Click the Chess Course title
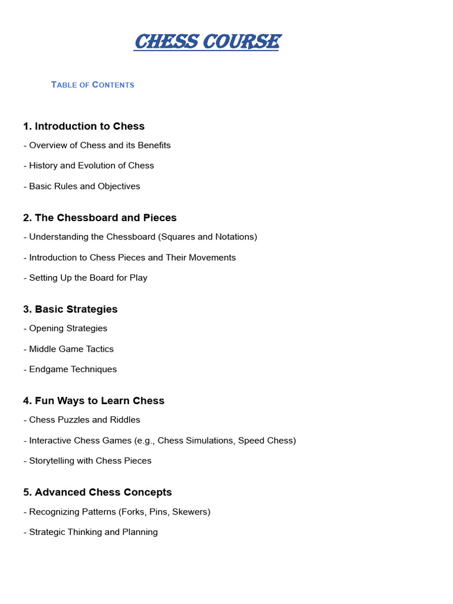coord(206,42)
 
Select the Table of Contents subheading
coord(93,85)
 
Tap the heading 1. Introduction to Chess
coord(84,126)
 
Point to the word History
coord(44,166)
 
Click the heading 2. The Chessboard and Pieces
coord(100,218)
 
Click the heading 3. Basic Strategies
coord(70,309)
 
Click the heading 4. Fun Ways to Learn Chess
coord(94,401)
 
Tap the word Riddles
coord(125,420)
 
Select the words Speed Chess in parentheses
coord(265,441)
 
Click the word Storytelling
coord(51,461)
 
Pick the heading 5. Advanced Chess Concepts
coord(97,492)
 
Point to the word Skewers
coord(191,512)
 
